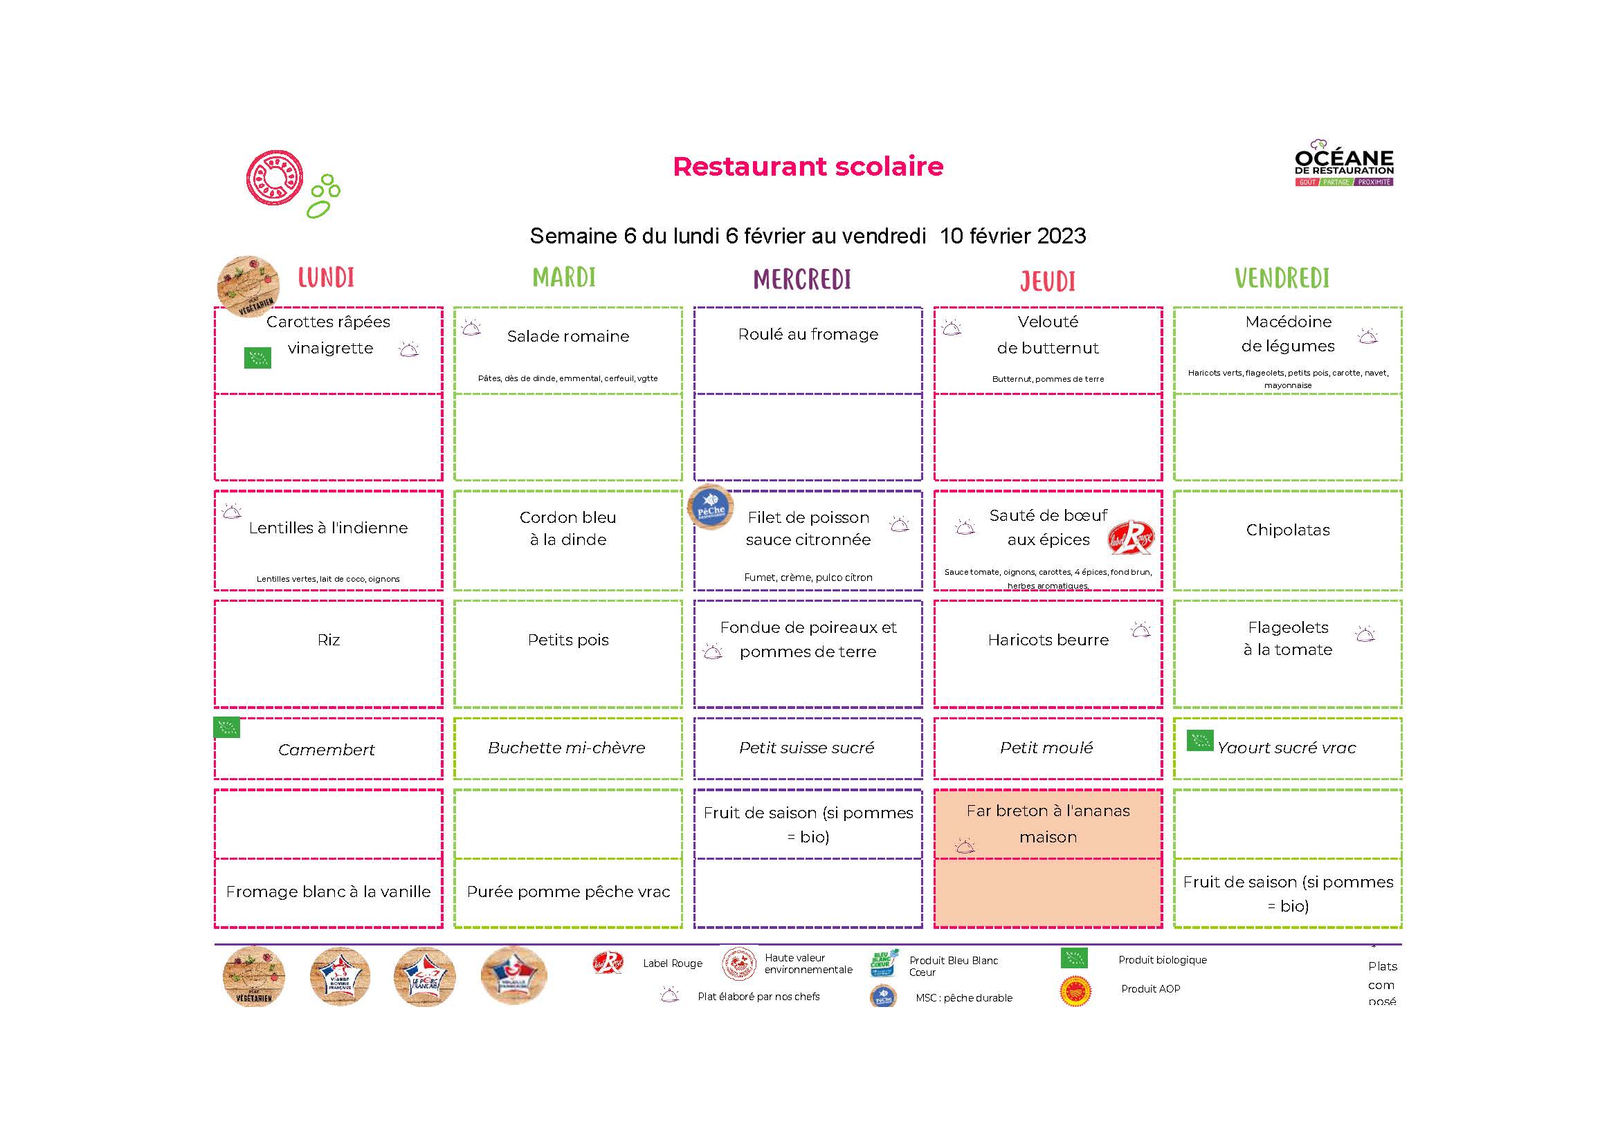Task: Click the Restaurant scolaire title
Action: point(808,166)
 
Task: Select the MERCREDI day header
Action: point(802,279)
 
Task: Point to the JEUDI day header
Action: point(1047,281)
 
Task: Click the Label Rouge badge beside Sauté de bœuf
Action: point(1130,537)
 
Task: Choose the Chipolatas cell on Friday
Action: point(1287,531)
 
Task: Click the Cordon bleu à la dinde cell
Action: point(568,528)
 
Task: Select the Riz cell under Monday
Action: point(329,640)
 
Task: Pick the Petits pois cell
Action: point(568,640)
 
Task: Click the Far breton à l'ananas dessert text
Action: point(1048,824)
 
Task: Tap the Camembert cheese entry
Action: point(326,750)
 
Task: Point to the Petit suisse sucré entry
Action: point(806,748)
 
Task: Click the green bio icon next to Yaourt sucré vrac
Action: point(1199,740)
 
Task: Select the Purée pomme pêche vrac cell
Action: point(568,892)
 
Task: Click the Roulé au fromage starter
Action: point(808,335)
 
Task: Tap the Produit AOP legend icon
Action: point(1075,990)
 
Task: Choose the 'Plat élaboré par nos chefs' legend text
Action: point(758,997)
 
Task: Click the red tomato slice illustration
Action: point(274,178)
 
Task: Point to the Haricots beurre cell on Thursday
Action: point(1048,640)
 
